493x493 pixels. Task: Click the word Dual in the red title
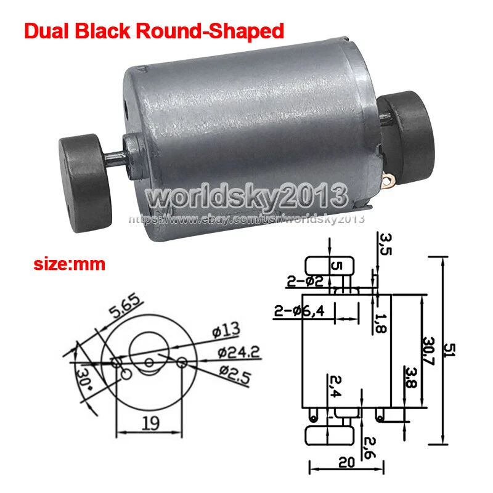(x=46, y=31)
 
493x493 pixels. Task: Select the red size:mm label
(x=69, y=264)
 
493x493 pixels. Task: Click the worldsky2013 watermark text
(x=247, y=197)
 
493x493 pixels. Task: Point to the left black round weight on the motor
(x=85, y=182)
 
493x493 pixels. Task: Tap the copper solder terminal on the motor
(x=389, y=180)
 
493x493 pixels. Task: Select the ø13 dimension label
(x=226, y=330)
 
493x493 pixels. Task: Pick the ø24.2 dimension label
(x=239, y=352)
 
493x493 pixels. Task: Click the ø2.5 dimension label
(x=235, y=374)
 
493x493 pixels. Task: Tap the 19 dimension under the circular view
(x=150, y=423)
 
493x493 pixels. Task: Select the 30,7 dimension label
(x=428, y=351)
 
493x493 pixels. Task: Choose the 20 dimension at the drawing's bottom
(x=347, y=462)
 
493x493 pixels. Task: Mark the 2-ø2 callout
(x=305, y=282)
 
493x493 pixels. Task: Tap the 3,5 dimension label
(x=385, y=244)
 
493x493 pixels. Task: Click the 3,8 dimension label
(x=410, y=377)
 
